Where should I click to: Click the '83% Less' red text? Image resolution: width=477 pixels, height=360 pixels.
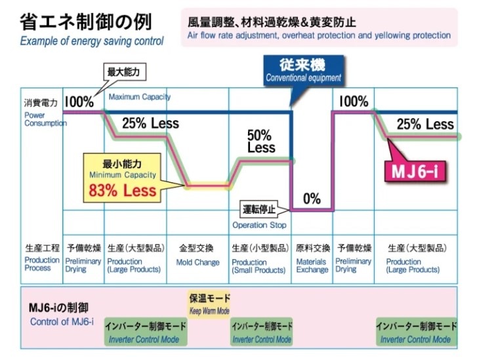click(x=123, y=191)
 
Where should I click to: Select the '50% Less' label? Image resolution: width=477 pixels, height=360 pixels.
click(x=260, y=141)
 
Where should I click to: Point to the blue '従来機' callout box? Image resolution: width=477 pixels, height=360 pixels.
click(x=303, y=70)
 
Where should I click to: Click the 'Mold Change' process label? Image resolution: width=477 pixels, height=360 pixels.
click(x=197, y=262)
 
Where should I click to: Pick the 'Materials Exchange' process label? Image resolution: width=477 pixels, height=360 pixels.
click(x=312, y=266)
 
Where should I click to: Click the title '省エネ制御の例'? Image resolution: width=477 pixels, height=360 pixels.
click(x=85, y=22)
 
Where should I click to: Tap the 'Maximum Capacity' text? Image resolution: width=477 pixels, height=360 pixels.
click(x=139, y=97)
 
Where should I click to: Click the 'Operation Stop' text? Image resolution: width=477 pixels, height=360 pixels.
click(x=259, y=225)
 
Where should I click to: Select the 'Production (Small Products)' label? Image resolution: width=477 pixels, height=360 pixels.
click(x=259, y=266)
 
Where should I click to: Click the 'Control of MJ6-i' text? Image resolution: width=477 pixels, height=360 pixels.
click(x=62, y=321)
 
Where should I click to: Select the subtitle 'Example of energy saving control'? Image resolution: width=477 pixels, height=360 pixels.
click(x=92, y=41)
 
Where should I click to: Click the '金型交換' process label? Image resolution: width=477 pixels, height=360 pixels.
click(x=197, y=249)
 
